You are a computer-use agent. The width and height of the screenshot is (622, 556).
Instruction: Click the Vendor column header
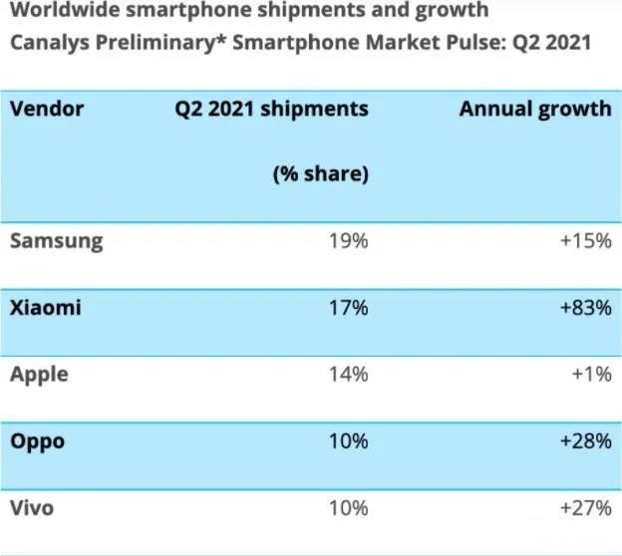tap(46, 109)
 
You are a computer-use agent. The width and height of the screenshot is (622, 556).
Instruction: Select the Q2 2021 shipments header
tap(271, 109)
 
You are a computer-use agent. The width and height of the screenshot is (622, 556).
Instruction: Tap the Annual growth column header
tap(534, 109)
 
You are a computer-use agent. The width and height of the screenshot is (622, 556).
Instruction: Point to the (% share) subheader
tap(320, 174)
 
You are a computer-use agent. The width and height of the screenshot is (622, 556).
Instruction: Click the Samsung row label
tap(56, 241)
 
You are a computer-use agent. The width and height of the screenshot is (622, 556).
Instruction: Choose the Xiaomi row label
tap(45, 308)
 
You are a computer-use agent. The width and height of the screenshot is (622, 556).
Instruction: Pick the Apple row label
tap(39, 375)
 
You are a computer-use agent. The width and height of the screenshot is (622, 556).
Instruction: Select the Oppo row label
tap(37, 441)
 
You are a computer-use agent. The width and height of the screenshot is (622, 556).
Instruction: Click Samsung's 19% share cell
tap(349, 241)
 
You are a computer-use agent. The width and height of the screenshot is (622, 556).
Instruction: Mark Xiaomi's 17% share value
tap(349, 308)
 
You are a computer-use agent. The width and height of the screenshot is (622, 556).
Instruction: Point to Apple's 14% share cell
tap(349, 375)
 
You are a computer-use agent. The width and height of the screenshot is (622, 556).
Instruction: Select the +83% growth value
tap(584, 308)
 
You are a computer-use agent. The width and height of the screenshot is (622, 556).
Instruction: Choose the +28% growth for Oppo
tap(584, 441)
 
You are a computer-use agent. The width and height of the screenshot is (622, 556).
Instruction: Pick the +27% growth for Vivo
tap(584, 508)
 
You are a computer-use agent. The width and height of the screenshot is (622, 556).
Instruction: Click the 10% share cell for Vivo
tap(349, 508)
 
